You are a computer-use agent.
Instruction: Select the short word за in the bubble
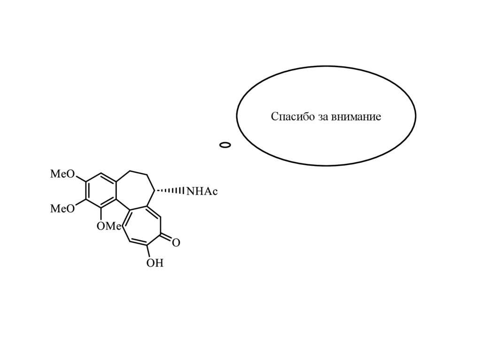tap(321, 117)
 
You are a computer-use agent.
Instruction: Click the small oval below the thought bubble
tap(225, 145)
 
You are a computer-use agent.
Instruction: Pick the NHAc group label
tap(202, 191)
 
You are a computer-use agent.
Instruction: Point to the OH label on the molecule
tap(155, 263)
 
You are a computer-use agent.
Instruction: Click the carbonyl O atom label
tap(176, 243)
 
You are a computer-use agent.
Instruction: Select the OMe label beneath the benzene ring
tap(109, 226)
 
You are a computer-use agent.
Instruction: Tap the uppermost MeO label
tap(62, 175)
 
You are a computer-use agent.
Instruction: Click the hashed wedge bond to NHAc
tap(171, 191)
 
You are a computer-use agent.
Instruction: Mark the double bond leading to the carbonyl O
tap(166, 238)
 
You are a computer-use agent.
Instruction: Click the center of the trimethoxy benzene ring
tap(101, 191)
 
